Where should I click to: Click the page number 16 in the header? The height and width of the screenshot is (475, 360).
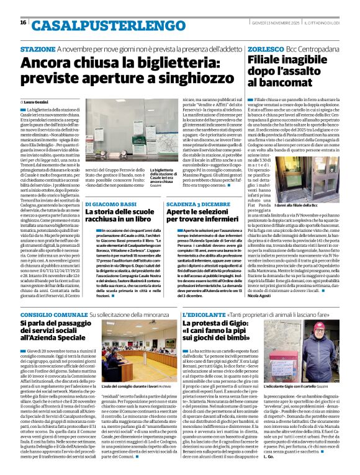click(x=23, y=23)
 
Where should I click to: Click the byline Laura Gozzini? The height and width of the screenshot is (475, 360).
click(x=37, y=100)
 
